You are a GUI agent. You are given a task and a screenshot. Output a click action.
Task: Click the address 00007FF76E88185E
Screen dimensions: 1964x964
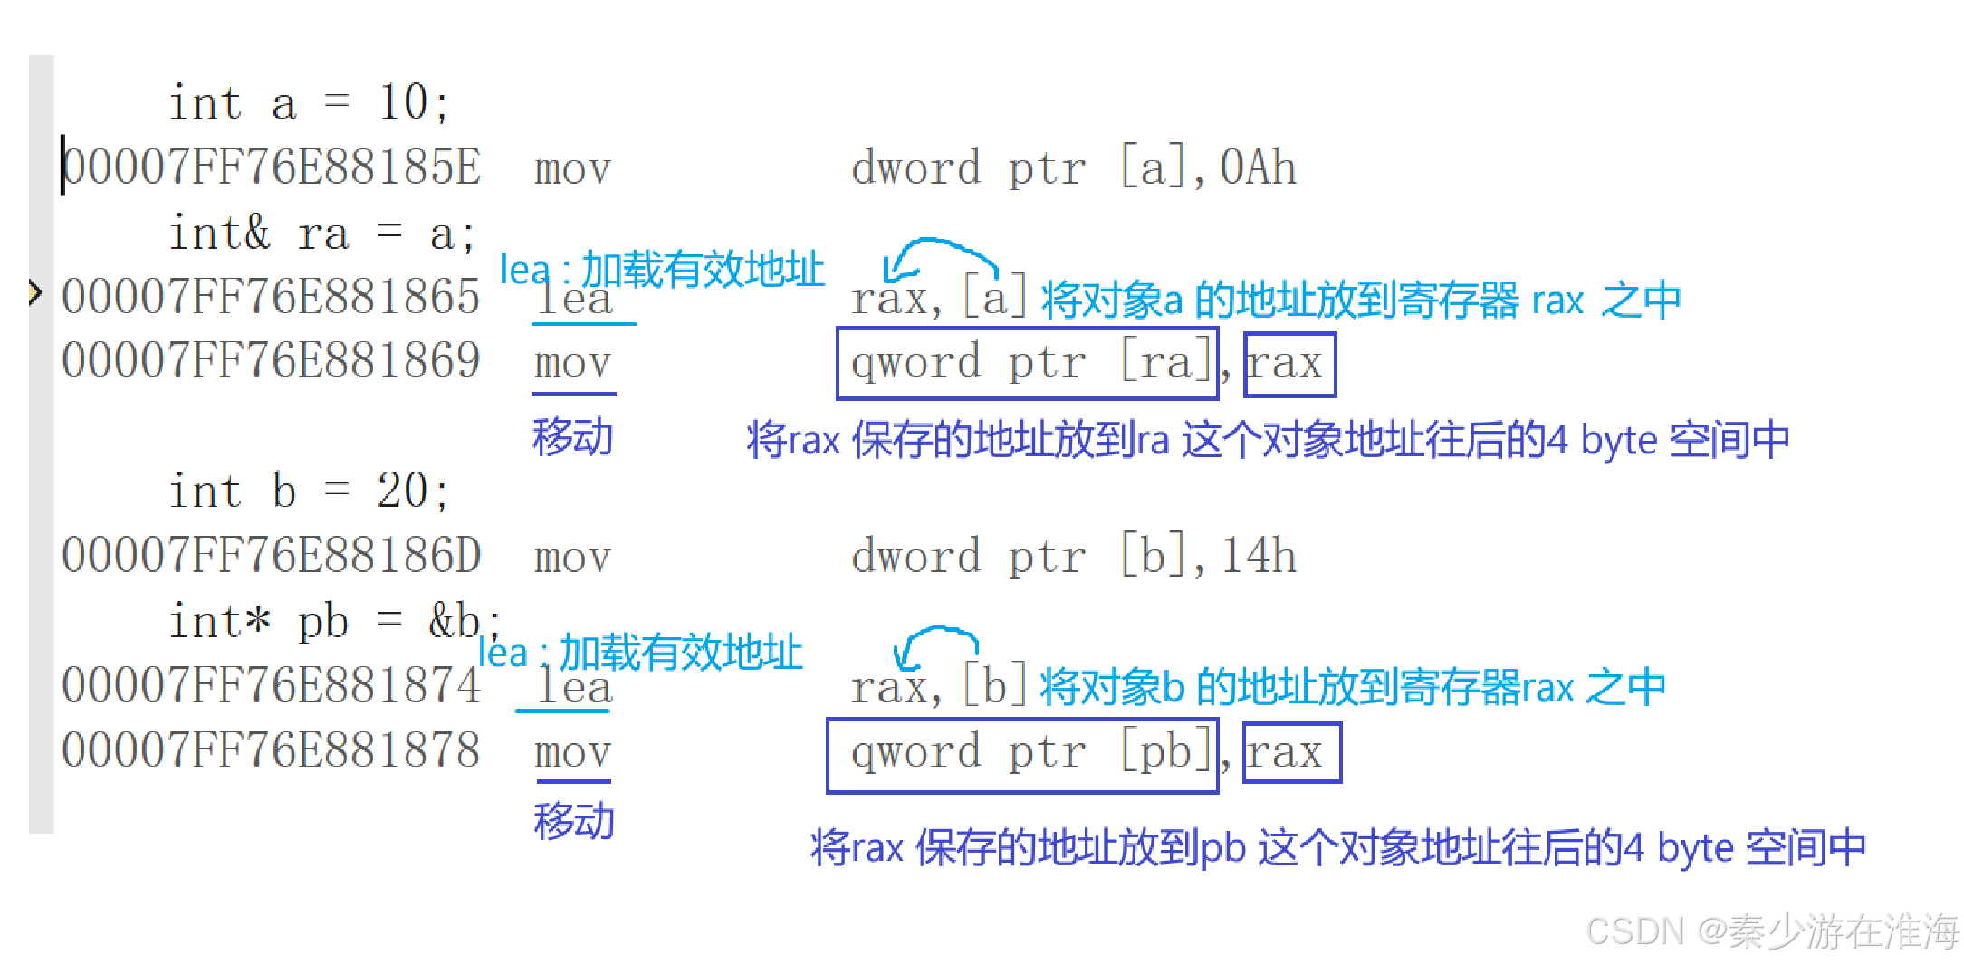tap(272, 167)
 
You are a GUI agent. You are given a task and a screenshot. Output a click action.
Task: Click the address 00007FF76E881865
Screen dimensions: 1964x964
tap(272, 297)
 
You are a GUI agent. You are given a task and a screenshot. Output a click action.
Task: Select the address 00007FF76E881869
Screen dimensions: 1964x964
tap(272, 361)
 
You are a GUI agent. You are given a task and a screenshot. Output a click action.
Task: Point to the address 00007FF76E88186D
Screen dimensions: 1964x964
tap(272, 555)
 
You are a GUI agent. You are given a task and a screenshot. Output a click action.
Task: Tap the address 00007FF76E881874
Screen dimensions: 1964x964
tap(272, 685)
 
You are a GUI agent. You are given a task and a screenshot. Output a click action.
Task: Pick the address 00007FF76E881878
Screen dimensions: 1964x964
tap(272, 750)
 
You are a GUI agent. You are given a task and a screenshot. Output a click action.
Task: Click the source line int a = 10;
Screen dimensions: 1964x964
tap(309, 102)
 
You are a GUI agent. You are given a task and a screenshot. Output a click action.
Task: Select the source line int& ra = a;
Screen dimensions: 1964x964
tap(321, 234)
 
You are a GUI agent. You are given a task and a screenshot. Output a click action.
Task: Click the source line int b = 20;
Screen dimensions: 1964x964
tap(309, 492)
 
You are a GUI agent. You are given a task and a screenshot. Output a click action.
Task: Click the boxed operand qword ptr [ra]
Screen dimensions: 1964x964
tap(1028, 364)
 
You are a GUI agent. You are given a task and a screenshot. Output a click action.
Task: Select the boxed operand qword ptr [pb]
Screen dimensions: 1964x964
tap(1022, 755)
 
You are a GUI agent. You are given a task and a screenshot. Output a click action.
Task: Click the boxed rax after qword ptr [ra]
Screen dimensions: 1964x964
tap(1289, 364)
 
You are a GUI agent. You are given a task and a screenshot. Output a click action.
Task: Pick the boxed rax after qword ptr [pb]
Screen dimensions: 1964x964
tap(1291, 753)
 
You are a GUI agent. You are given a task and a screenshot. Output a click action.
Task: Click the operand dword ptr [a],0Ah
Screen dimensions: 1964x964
tap(1074, 168)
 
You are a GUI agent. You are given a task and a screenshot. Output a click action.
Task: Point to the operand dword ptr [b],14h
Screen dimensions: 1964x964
tap(1074, 556)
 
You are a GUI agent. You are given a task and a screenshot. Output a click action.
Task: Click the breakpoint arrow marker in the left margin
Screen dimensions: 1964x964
tap(34, 292)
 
